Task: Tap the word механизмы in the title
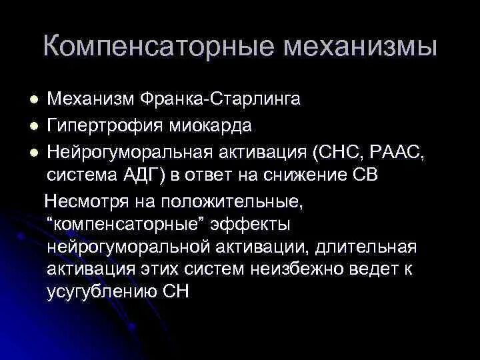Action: pos(361,47)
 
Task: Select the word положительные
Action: pos(233,199)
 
